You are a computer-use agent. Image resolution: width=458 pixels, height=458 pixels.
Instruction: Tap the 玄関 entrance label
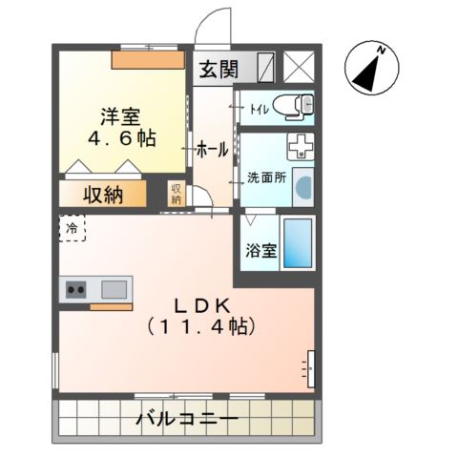point(221,69)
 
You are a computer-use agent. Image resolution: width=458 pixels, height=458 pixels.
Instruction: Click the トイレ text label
point(257,108)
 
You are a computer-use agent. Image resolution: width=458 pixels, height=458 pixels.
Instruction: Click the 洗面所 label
point(265,177)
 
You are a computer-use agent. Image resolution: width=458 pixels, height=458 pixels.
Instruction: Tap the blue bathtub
point(299,242)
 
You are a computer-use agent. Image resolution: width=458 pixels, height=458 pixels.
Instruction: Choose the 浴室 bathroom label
point(261,252)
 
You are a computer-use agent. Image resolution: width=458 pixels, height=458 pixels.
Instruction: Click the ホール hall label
point(211,150)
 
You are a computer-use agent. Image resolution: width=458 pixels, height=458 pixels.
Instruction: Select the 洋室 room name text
point(121,116)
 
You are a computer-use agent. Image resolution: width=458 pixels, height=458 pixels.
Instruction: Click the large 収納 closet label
point(102,196)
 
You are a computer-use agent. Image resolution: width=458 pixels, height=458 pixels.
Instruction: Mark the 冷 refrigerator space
point(72,229)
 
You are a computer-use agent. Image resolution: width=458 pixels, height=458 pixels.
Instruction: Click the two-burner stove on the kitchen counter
point(76,289)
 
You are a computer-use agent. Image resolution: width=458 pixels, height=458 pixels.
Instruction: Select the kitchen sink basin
point(114,289)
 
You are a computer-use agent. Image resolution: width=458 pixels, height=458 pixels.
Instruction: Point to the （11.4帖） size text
point(199,327)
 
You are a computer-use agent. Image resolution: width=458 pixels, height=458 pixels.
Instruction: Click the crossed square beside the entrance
point(298,68)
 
